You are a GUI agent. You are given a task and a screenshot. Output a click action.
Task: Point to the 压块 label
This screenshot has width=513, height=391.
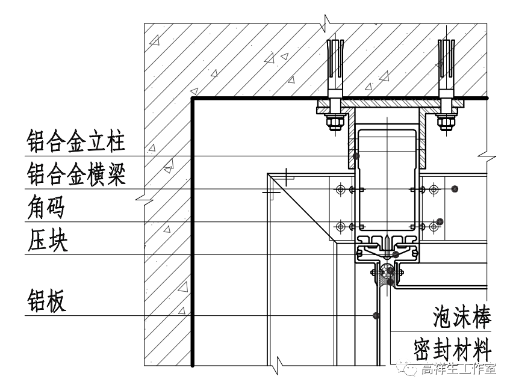click(46, 242)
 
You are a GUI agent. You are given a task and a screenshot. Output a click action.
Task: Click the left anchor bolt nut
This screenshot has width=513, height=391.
click(335, 123)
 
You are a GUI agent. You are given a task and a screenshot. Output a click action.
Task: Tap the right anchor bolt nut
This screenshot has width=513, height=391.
click(446, 123)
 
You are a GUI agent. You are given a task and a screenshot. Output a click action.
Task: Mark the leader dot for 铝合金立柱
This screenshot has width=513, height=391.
click(356, 156)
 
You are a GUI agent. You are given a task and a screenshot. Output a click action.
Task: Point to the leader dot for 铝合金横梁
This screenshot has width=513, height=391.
click(455, 189)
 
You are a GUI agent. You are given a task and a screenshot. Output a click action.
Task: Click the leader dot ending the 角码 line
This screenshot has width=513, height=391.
click(440, 221)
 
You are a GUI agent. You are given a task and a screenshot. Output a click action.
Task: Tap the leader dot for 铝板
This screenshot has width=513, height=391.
click(375, 315)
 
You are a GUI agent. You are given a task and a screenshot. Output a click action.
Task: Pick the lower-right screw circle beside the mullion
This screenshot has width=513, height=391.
click(433, 226)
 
